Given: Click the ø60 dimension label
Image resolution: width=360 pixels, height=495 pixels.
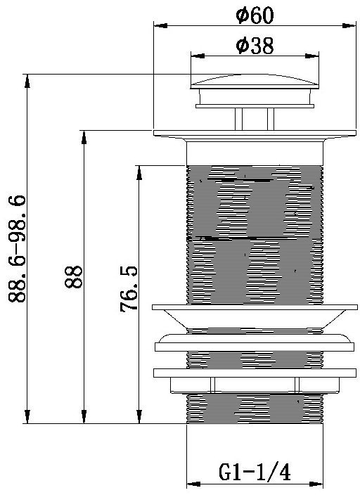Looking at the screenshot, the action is tap(255, 15).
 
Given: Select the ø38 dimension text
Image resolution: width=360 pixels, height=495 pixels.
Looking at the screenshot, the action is tap(255, 46).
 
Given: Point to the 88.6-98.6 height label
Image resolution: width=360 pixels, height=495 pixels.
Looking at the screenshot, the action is tap(16, 249).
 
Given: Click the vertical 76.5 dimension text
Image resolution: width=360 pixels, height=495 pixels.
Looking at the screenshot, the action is tap(129, 289).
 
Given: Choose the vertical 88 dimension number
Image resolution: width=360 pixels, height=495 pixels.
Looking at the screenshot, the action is tap(73, 277).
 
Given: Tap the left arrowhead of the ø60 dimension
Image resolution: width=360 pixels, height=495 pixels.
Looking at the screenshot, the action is tap(160, 25).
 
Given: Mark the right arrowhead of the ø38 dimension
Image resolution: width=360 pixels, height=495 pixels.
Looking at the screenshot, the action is tap(312, 56).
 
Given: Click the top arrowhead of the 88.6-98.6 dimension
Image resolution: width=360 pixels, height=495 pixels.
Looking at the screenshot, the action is tap(27, 81).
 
